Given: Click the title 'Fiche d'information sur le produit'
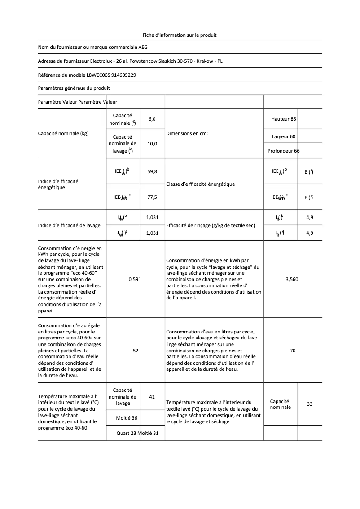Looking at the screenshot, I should tap(180, 35).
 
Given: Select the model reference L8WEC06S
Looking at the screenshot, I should tap(92, 75).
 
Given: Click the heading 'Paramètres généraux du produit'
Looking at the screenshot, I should tap(74, 88).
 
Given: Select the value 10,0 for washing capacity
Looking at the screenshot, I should tap(152, 144).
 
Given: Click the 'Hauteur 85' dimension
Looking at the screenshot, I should tap(284, 119).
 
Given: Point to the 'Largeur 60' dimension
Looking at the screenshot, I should tap(284, 136).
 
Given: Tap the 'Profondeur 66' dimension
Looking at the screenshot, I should tap(283, 151).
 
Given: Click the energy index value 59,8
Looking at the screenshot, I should tap(152, 171).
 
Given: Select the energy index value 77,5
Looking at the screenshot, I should tap(152, 197).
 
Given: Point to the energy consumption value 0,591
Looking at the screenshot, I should tap(135, 279).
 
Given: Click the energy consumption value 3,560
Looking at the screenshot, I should tap(292, 279).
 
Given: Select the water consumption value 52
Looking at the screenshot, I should tap(136, 351).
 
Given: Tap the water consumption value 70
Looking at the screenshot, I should tap(293, 351).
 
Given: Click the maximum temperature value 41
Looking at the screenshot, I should tap(152, 397).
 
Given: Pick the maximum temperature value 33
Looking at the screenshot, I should tap(310, 404).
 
